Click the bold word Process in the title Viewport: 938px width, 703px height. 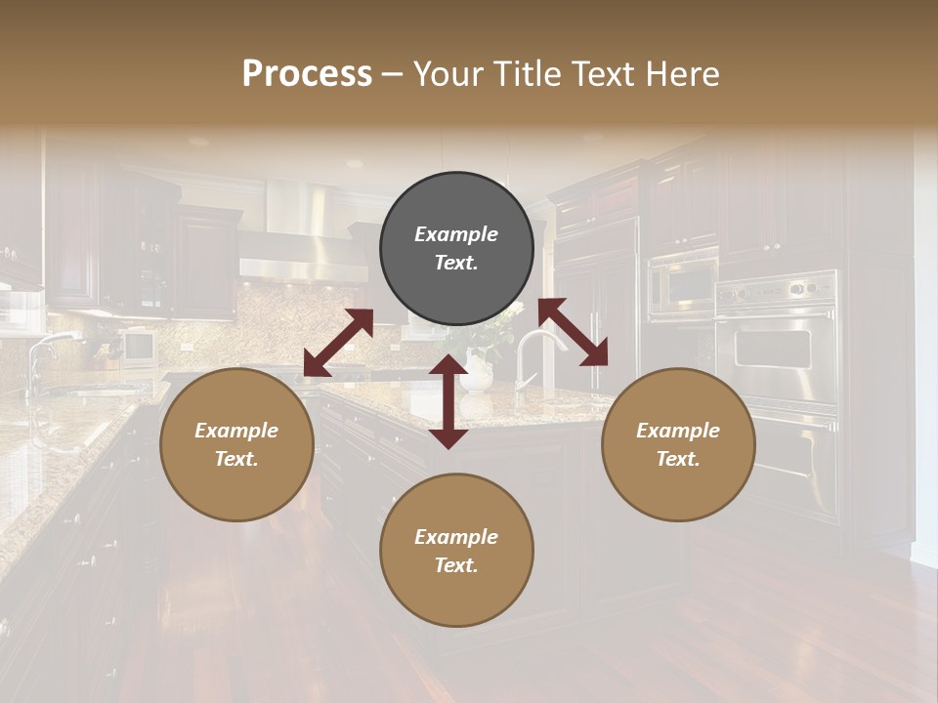point(307,74)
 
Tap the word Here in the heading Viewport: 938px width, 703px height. point(682,74)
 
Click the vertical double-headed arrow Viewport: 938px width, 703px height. point(448,401)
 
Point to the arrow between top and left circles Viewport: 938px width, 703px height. point(338,342)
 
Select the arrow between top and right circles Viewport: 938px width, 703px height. point(574,332)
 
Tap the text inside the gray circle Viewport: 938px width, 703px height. point(456,248)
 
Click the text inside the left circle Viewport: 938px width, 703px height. point(236,444)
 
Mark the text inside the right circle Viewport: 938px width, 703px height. point(678,444)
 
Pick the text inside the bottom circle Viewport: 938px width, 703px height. point(456,551)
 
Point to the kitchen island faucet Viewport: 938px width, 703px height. point(533,351)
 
